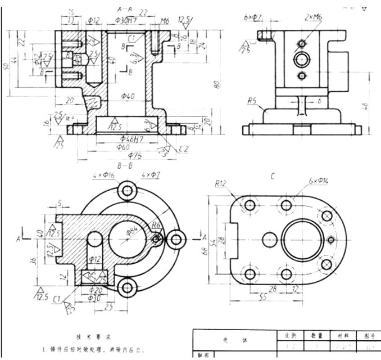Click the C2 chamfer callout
coord(183,149)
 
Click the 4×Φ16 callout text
coord(106,175)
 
